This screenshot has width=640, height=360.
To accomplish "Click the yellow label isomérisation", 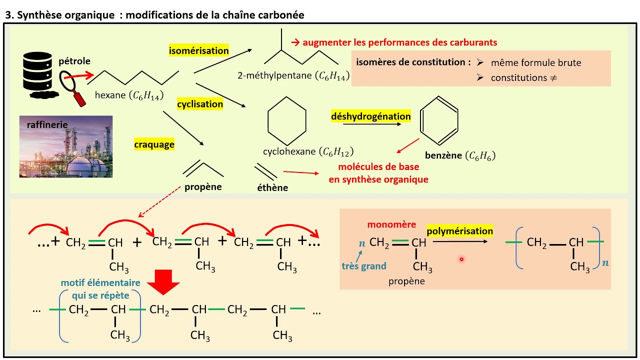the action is tap(198, 50).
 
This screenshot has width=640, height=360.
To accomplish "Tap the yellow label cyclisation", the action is tap(199, 104).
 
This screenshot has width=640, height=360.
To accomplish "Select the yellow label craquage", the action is tap(154, 144).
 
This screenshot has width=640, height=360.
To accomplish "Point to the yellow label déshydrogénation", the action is tap(371, 116).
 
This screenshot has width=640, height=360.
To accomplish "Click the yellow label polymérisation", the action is tap(459, 231).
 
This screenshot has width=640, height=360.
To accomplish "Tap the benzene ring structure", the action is tap(439, 120).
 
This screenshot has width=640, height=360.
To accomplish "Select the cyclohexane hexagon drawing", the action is tap(287, 121).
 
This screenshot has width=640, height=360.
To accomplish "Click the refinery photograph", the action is tap(66, 146).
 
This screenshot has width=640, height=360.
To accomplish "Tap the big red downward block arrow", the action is tap(163, 282).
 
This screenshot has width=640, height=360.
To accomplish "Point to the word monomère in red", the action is tap(391, 224).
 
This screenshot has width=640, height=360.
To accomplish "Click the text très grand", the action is tap(364, 266).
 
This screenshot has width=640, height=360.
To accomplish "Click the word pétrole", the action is tap(74, 61).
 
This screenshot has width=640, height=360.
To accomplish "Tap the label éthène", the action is tap(272, 187).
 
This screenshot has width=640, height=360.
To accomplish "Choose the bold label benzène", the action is tap(443, 155).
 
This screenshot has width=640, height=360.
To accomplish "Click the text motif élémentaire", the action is tap(100, 283).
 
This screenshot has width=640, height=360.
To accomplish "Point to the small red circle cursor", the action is tap(461, 259).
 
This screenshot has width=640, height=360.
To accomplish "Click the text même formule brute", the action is tap(536, 63).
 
